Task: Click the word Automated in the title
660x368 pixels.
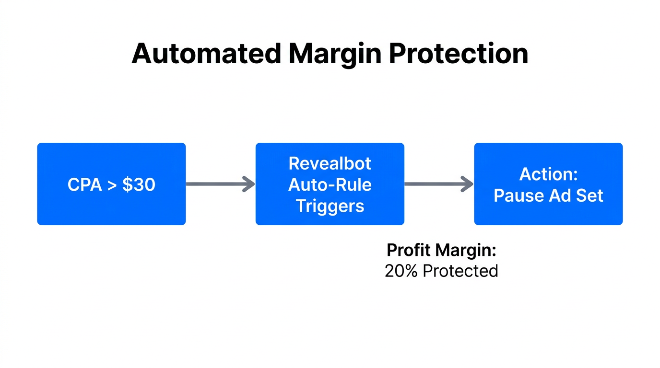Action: pyautogui.click(x=206, y=53)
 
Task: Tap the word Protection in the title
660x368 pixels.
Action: pyautogui.click(x=459, y=53)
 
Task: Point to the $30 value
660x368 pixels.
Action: pyautogui.click(x=139, y=184)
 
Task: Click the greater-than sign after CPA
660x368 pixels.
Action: pyautogui.click(x=112, y=185)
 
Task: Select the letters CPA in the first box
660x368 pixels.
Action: pyautogui.click(x=84, y=184)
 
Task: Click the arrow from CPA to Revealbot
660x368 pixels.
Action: pyautogui.click(x=218, y=184)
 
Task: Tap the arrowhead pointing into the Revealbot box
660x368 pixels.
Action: pyautogui.click(x=249, y=184)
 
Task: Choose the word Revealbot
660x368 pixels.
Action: pyautogui.click(x=330, y=163)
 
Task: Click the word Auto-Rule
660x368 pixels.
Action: pyautogui.click(x=330, y=184)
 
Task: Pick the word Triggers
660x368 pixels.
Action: pyautogui.click(x=330, y=206)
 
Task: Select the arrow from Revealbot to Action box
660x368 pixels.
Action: pyautogui.click(x=436, y=184)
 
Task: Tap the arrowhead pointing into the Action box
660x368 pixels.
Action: pyautogui.click(x=468, y=184)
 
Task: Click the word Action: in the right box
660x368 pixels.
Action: pyautogui.click(x=548, y=174)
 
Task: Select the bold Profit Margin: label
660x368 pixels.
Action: pyautogui.click(x=441, y=250)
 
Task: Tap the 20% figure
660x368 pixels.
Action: pyautogui.click(x=401, y=271)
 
